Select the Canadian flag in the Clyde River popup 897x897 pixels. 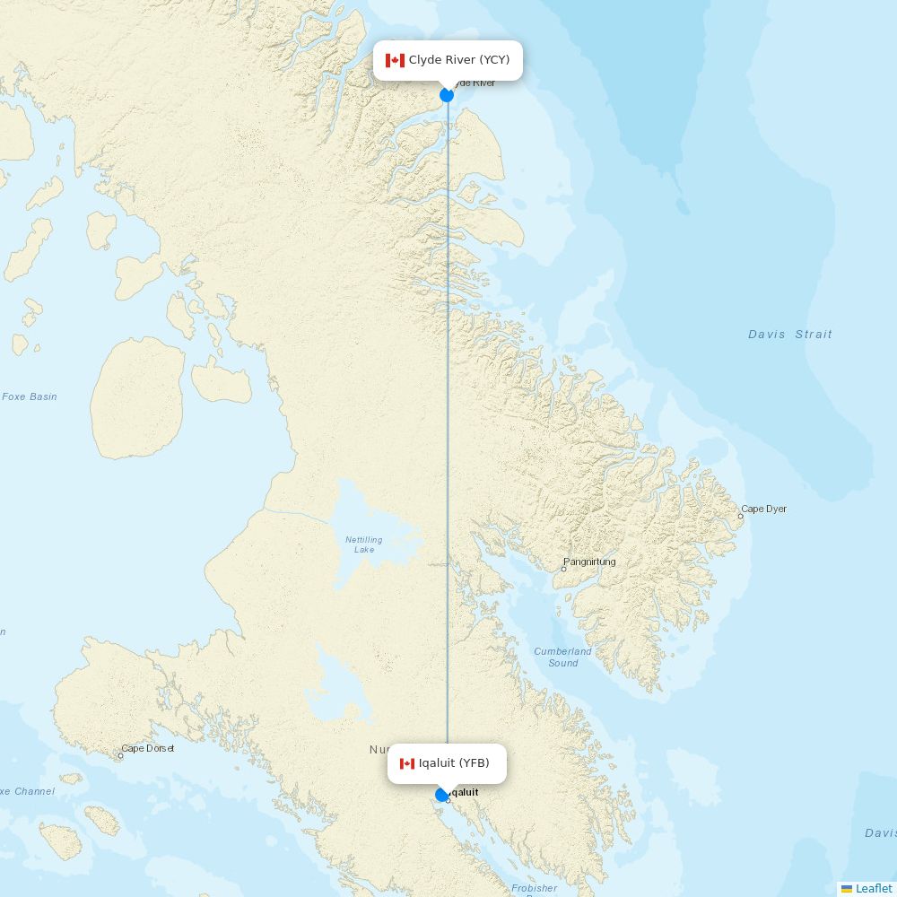(395, 60)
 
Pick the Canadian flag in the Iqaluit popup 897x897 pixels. (407, 763)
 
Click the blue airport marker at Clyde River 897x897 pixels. (447, 95)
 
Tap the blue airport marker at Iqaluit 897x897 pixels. (441, 795)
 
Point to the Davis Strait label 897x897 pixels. (790, 335)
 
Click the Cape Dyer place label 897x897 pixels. (764, 509)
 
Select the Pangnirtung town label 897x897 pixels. (590, 562)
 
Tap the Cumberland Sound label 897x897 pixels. (562, 657)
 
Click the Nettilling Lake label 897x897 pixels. (363, 544)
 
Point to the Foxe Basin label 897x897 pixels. (29, 396)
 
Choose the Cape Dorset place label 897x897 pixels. (148, 748)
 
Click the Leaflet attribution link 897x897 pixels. (874, 888)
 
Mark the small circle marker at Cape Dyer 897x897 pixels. (741, 516)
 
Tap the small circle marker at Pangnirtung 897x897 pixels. (563, 569)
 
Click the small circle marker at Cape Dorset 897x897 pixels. (121, 755)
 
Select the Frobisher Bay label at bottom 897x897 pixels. (534, 889)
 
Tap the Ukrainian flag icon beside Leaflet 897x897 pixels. (847, 888)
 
